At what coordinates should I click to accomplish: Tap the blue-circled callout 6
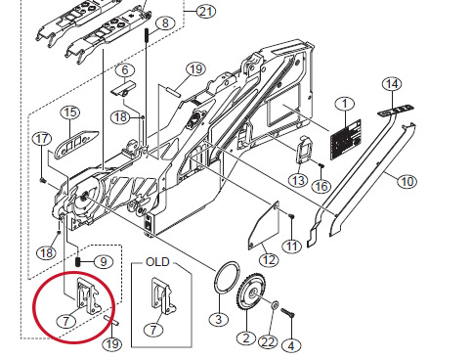[x=124, y=70]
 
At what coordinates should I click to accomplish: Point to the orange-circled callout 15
[x=69, y=112]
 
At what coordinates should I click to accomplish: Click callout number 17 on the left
[x=41, y=138]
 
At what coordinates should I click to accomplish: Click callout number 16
[x=322, y=186]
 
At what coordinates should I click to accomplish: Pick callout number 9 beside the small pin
[x=106, y=262]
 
